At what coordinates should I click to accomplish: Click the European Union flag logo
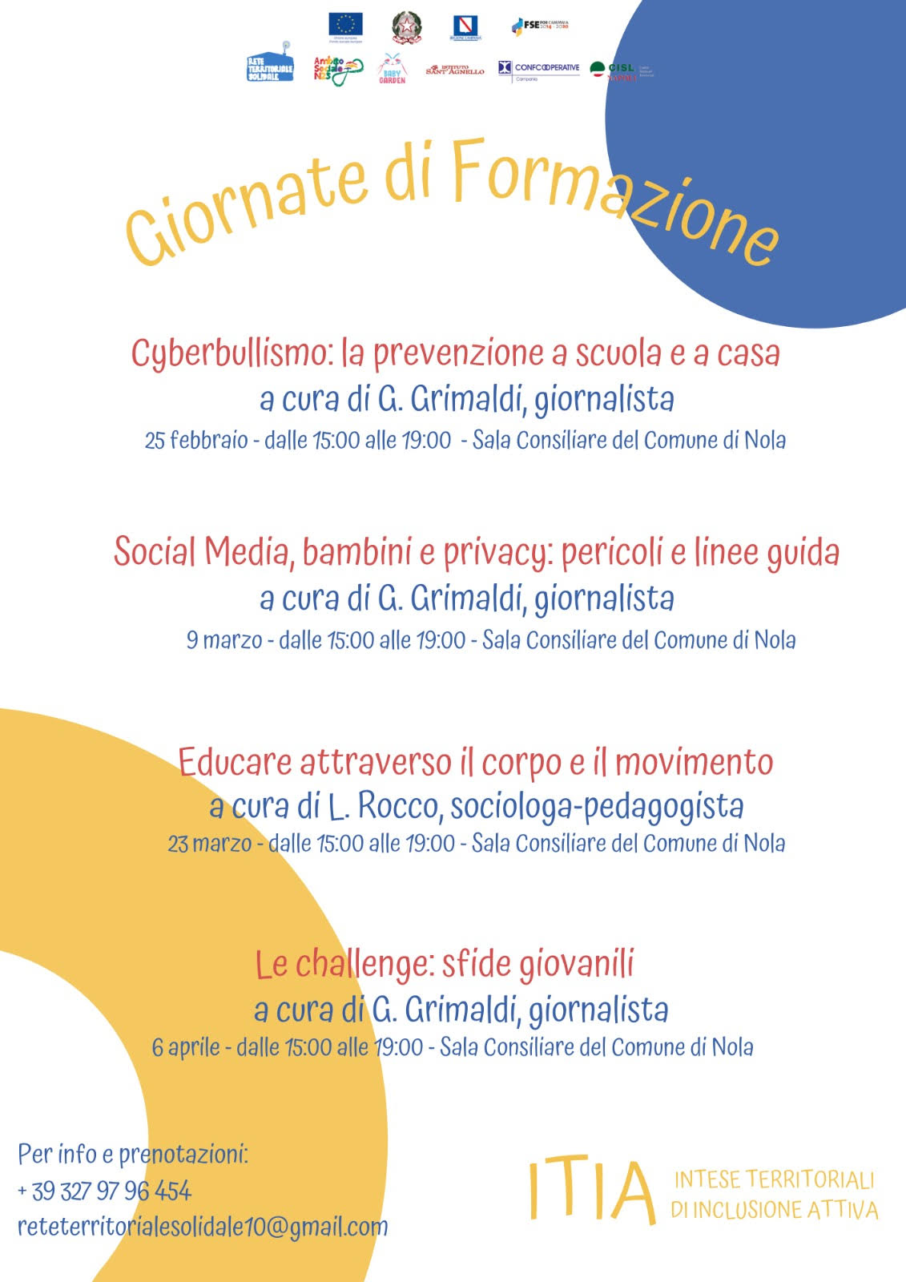pos(345,26)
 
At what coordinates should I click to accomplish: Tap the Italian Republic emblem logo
pos(407,27)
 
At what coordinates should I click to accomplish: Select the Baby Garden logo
pos(392,69)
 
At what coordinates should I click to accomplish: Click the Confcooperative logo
pos(538,69)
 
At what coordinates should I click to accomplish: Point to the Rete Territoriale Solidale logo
pos(270,64)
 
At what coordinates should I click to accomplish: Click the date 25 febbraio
pos(196,441)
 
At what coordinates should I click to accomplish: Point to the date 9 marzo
pos(224,640)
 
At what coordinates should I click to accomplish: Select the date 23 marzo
pos(210,844)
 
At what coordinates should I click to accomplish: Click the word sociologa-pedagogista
pos(597,807)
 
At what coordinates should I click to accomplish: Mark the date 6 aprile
pos(186,1047)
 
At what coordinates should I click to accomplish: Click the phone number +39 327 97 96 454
pos(104,1191)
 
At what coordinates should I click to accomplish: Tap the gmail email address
pos(203,1227)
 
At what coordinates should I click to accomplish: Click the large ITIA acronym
pos(591,1191)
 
